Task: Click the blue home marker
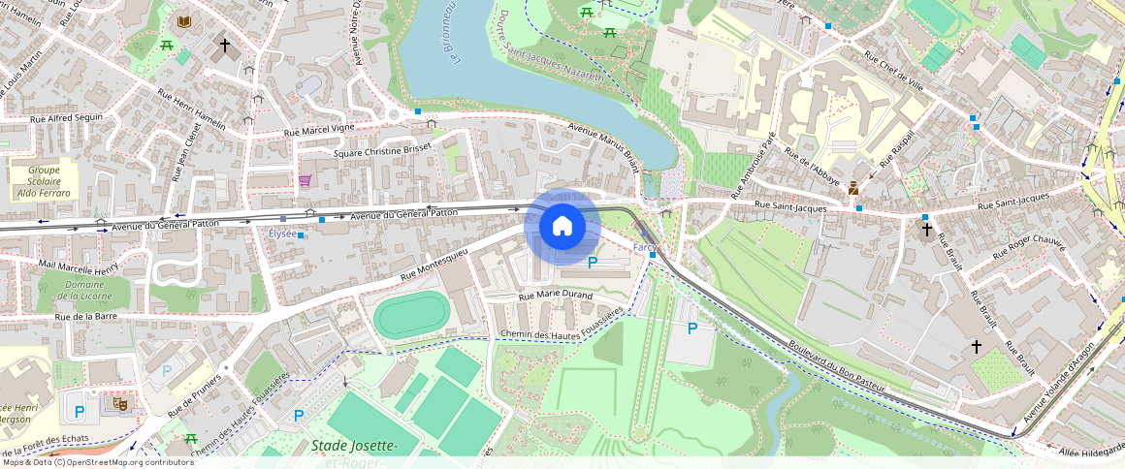[x=562, y=227]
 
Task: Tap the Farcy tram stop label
[x=646, y=248]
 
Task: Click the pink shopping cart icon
[x=305, y=180]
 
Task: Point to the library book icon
[x=184, y=21]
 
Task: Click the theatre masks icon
[x=121, y=402]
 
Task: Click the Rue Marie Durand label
[x=556, y=295]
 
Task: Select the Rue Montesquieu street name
[x=434, y=265]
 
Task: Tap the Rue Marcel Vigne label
[x=319, y=129]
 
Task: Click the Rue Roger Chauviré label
[x=1032, y=235]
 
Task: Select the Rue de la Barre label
[x=86, y=317]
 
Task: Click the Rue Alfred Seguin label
[x=67, y=117]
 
